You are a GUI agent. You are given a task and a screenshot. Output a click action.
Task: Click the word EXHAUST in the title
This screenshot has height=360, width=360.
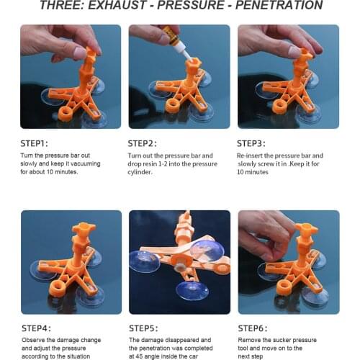pos(117,5)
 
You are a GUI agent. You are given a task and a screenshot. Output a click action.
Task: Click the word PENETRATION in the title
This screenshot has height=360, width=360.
pos(279,5)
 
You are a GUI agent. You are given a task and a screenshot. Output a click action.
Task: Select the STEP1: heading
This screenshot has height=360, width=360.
pos(34,143)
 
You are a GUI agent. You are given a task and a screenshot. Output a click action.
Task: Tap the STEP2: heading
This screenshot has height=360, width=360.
pos(142,143)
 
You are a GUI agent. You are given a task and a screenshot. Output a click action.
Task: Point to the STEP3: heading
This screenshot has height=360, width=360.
pos(251,143)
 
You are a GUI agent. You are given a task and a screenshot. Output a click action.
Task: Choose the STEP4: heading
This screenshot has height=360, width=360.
pos(36,328)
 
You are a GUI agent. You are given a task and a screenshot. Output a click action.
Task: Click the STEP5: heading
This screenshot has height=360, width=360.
pos(143,328)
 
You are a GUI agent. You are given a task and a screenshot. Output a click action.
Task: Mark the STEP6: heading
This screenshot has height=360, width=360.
pos(253,328)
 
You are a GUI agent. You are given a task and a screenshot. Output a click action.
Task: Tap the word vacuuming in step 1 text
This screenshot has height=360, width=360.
pos(86,163)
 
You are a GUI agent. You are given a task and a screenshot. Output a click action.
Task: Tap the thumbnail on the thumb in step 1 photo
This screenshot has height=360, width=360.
pos(80,53)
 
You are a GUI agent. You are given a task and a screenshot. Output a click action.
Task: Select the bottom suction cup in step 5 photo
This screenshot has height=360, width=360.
pos(192,290)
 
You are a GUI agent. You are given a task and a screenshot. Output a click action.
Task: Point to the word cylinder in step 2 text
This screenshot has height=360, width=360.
pos(140,172)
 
